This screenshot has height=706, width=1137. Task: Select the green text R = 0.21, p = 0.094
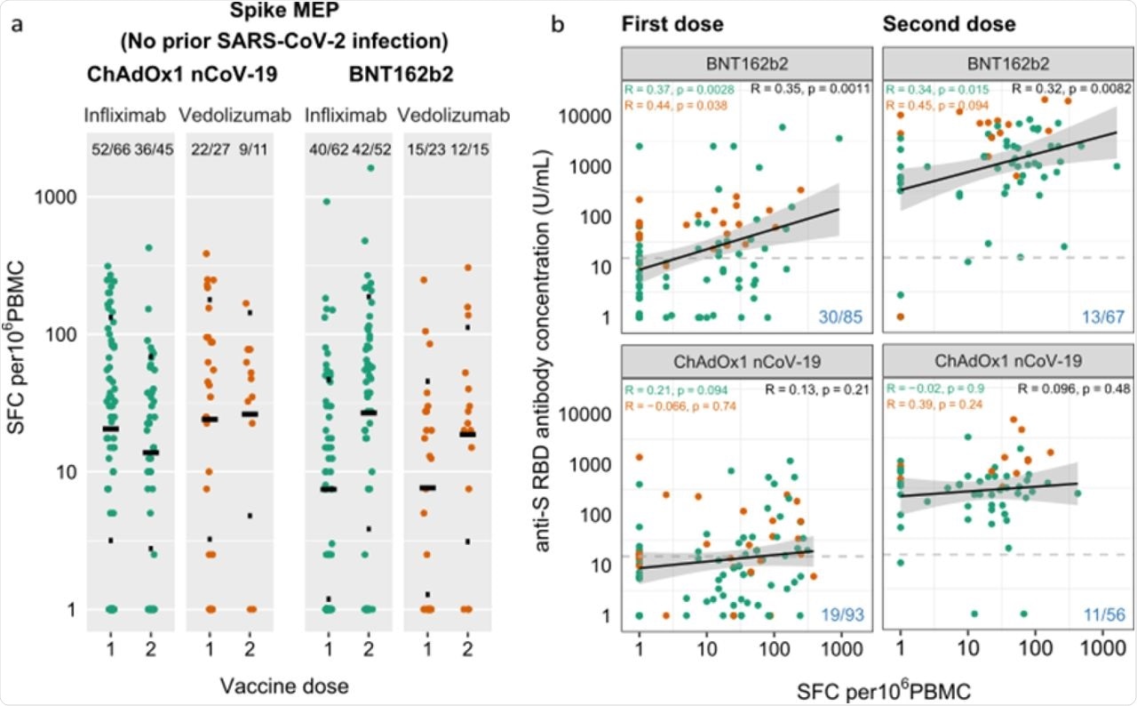pyautogui.click(x=676, y=390)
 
